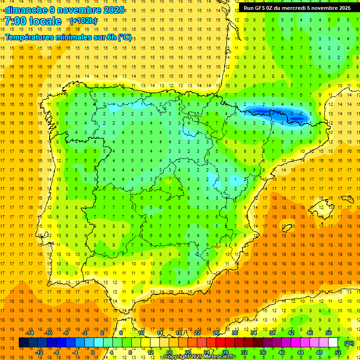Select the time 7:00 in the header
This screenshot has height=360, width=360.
pyautogui.click(x=17, y=21)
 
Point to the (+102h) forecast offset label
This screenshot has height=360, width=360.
pyautogui.click(x=83, y=21)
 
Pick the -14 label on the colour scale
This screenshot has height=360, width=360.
pyautogui.click(x=30, y=333)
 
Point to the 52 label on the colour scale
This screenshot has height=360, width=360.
pyautogui.click(x=337, y=352)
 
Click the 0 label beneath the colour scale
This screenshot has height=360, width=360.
pyautogui.click(x=92, y=352)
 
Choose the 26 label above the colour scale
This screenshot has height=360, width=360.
pyautogui.click(x=216, y=333)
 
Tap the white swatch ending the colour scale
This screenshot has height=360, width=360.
pyautogui.click(x=333, y=343)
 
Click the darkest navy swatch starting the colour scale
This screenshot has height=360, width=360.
pyautogui.click(x=23, y=343)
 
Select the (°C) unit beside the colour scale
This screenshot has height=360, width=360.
pyautogui.click(x=349, y=343)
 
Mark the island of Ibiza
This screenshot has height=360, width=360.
pyautogui.click(x=287, y=227)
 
